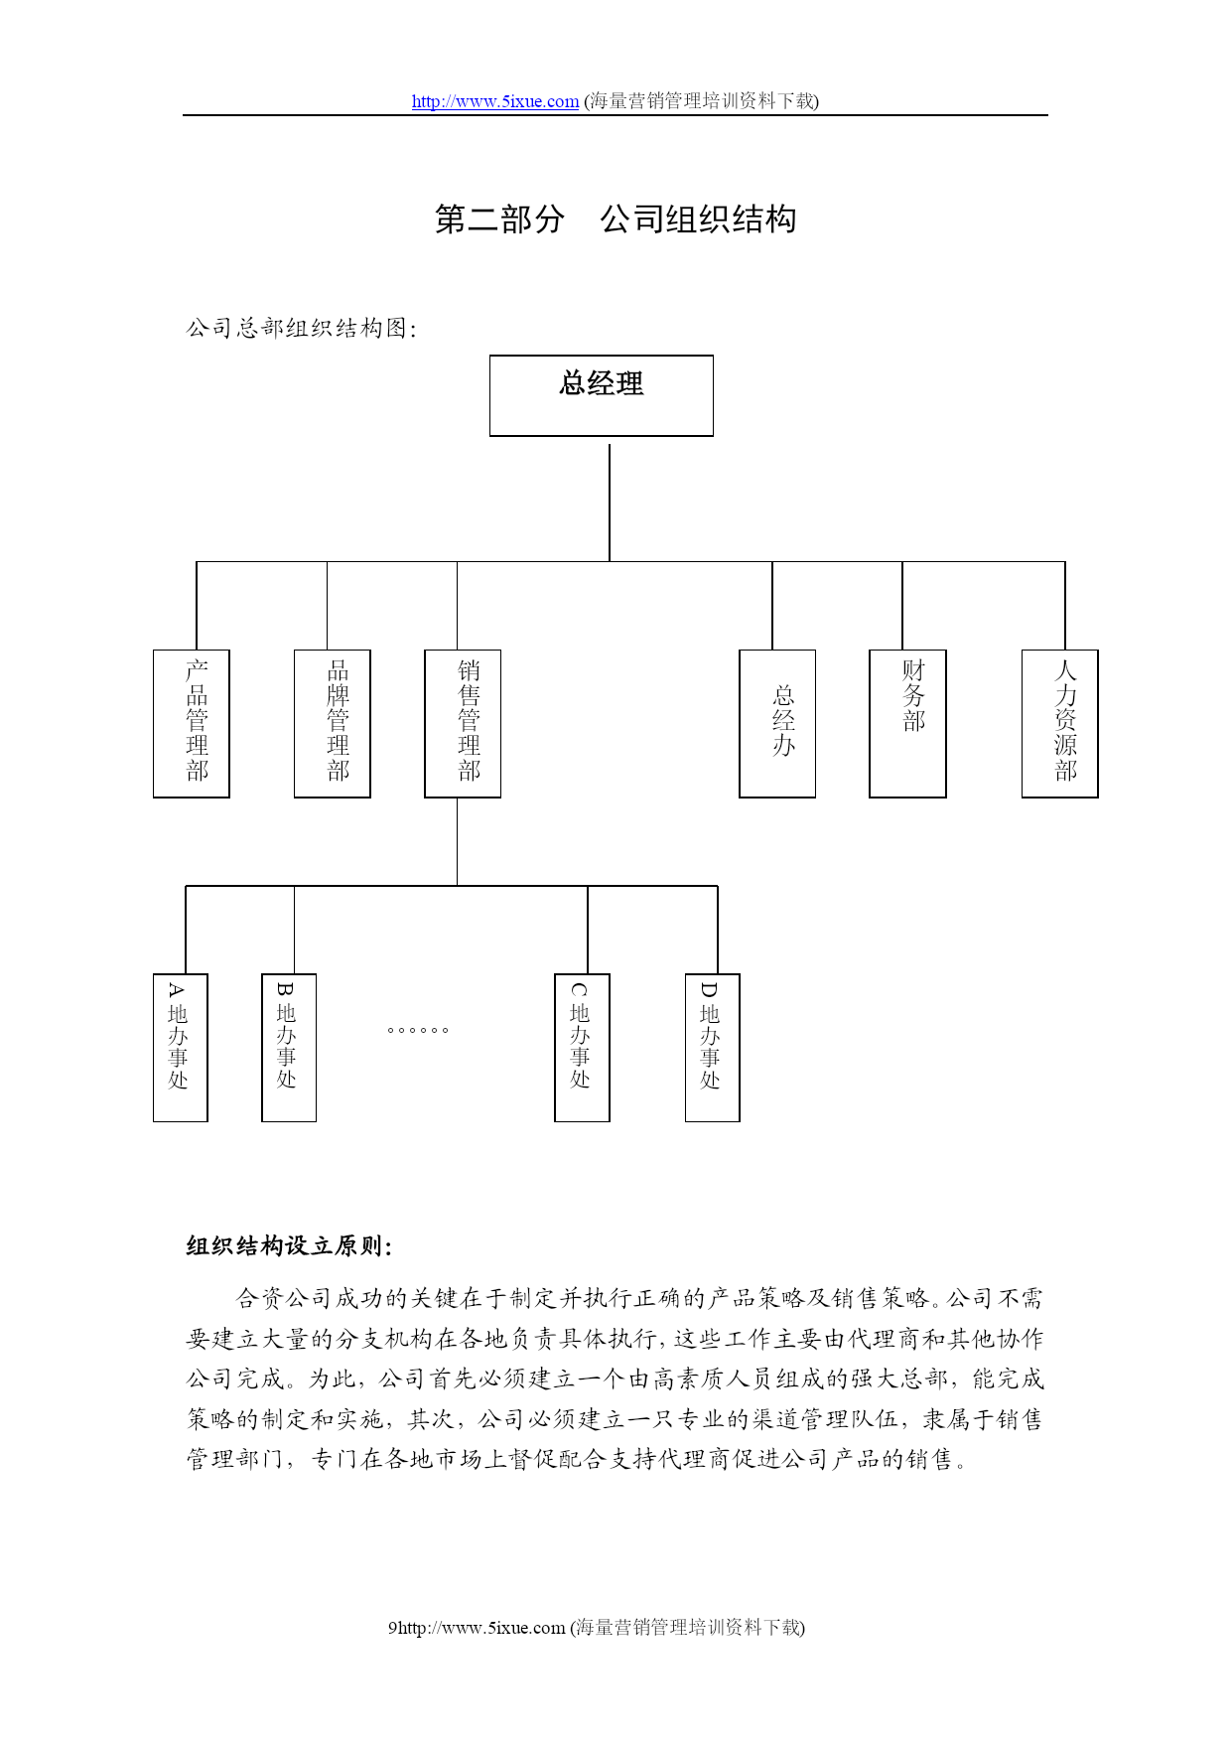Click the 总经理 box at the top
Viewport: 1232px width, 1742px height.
pos(602,395)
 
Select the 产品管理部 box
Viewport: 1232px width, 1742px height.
pos(192,723)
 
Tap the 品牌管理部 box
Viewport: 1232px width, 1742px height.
pos(333,723)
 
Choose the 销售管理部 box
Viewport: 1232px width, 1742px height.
pos(463,723)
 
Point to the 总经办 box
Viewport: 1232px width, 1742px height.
pos(777,723)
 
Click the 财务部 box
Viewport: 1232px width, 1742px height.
pos(907,723)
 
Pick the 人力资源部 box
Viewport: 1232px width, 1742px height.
pos(1060,723)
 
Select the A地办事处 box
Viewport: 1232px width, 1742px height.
pos(181,1048)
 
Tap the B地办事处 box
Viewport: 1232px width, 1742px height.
pos(289,1048)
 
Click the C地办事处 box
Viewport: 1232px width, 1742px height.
pos(582,1048)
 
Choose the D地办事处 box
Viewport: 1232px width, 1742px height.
pos(713,1048)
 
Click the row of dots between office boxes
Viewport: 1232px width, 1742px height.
pos(418,1030)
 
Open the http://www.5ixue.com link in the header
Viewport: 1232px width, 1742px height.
pos(495,101)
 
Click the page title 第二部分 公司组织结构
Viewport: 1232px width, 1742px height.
pos(616,219)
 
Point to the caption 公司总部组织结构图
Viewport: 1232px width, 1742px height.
pos(302,329)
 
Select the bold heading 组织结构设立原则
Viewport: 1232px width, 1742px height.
pos(289,1246)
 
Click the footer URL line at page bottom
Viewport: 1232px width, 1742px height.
pos(597,1627)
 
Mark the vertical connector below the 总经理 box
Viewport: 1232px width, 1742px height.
pos(610,503)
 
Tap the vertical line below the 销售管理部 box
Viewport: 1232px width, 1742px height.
pos(457,841)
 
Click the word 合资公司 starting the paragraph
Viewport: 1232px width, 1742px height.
pos(283,1298)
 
